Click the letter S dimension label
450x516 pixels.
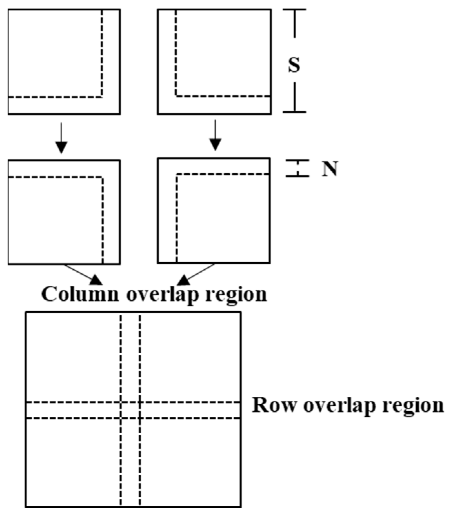(294, 65)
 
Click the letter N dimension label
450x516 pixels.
(330, 169)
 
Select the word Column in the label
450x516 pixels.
(80, 294)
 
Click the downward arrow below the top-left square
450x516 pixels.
(61, 138)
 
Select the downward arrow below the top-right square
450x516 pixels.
(215, 135)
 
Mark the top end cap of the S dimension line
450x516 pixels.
(294, 10)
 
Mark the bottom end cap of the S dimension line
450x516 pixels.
(294, 112)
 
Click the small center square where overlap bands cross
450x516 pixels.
(130, 410)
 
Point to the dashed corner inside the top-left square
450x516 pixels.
(102, 97)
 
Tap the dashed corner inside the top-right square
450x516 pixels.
(176, 96)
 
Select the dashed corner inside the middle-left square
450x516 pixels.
(102, 178)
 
